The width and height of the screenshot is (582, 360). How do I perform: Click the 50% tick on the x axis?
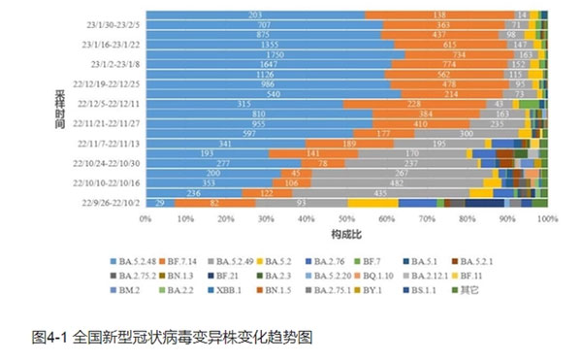(346, 219)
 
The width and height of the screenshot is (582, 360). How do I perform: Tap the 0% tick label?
(146, 219)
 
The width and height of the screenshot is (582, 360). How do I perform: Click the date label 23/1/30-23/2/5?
(111, 26)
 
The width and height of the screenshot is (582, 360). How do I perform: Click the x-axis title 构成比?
(346, 236)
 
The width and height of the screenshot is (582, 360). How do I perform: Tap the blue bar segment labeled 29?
(158, 201)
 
